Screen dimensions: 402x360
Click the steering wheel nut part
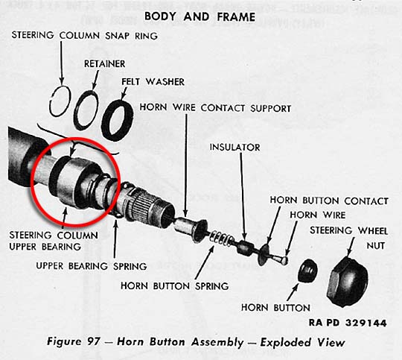[348, 281]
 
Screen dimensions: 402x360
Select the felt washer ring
[117, 120]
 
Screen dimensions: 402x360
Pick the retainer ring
[86, 110]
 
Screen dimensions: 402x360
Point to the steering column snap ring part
[60, 101]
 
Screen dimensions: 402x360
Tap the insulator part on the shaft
[245, 247]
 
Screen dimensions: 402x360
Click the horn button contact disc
[264, 254]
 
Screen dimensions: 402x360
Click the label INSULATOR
[234, 148]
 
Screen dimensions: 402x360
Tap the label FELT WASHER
[153, 82]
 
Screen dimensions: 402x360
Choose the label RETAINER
[105, 63]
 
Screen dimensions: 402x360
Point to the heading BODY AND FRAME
[200, 16]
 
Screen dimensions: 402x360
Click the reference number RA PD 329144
[348, 323]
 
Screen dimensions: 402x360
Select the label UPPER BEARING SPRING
[92, 266]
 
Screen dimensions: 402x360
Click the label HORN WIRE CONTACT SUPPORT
[215, 107]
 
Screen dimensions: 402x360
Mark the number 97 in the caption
[94, 342]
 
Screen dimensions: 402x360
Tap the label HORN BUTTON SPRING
[175, 285]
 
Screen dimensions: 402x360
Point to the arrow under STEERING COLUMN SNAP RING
[62, 63]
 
